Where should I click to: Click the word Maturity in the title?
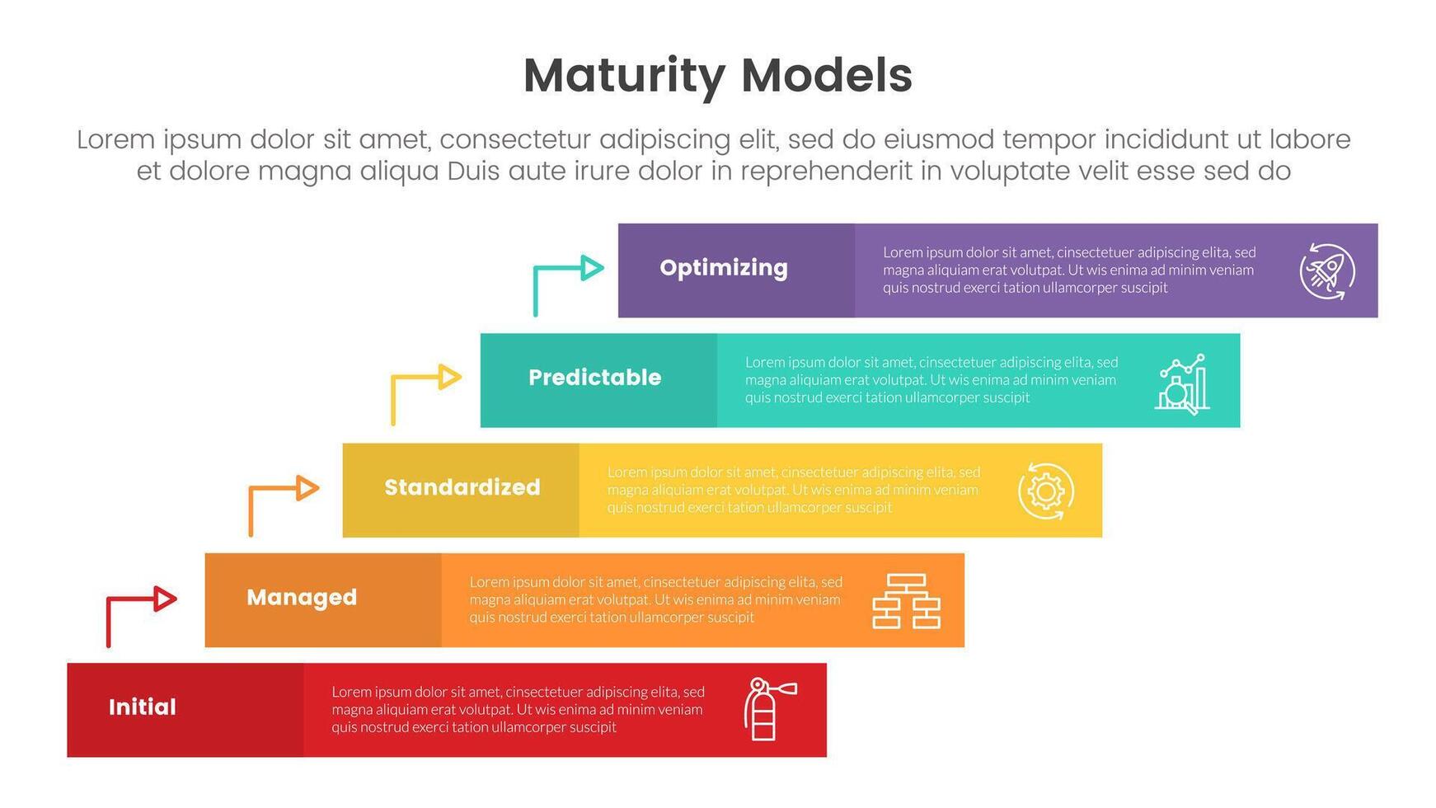[623, 76]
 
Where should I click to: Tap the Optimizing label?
[724, 268]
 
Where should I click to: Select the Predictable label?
[594, 378]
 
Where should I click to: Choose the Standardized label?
[462, 487]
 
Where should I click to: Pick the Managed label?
[302, 597]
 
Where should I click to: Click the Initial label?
[143, 707]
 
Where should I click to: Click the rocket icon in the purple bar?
[1326, 271]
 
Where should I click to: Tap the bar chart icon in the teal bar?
[1182, 383]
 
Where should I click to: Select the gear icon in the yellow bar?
[1045, 491]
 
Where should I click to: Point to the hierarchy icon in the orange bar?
[906, 601]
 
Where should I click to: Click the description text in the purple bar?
[1068, 270]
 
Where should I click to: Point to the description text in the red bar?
[518, 709]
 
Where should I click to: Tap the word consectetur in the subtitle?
[514, 139]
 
